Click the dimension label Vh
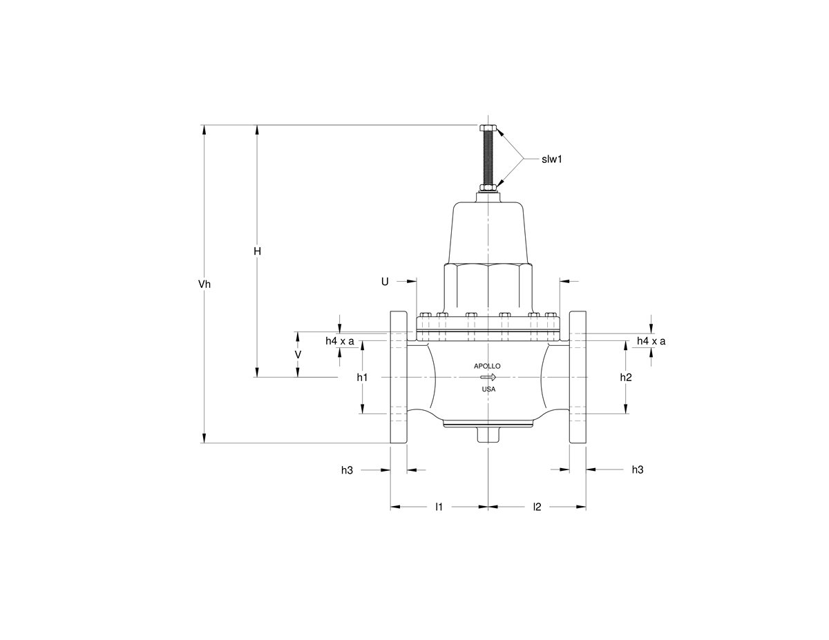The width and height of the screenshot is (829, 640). [204, 284]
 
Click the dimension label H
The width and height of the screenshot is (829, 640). [257, 252]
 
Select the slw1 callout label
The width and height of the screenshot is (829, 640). [552, 159]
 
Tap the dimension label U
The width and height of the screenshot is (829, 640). [385, 281]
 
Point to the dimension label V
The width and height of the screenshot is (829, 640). [298, 354]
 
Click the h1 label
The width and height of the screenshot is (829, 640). [362, 377]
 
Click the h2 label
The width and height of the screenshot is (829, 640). [626, 377]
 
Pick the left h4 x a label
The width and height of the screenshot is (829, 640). [340, 341]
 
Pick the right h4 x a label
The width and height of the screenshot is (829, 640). [651, 341]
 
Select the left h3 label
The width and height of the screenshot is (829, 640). [347, 470]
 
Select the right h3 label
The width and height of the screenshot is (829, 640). [637, 469]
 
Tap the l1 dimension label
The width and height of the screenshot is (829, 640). [439, 507]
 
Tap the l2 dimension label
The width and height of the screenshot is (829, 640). [537, 507]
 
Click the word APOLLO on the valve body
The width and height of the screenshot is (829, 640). [487, 366]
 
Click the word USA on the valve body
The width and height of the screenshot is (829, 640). [488, 389]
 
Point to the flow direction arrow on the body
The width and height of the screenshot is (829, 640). [488, 378]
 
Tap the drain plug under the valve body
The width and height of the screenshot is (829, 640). [488, 436]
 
